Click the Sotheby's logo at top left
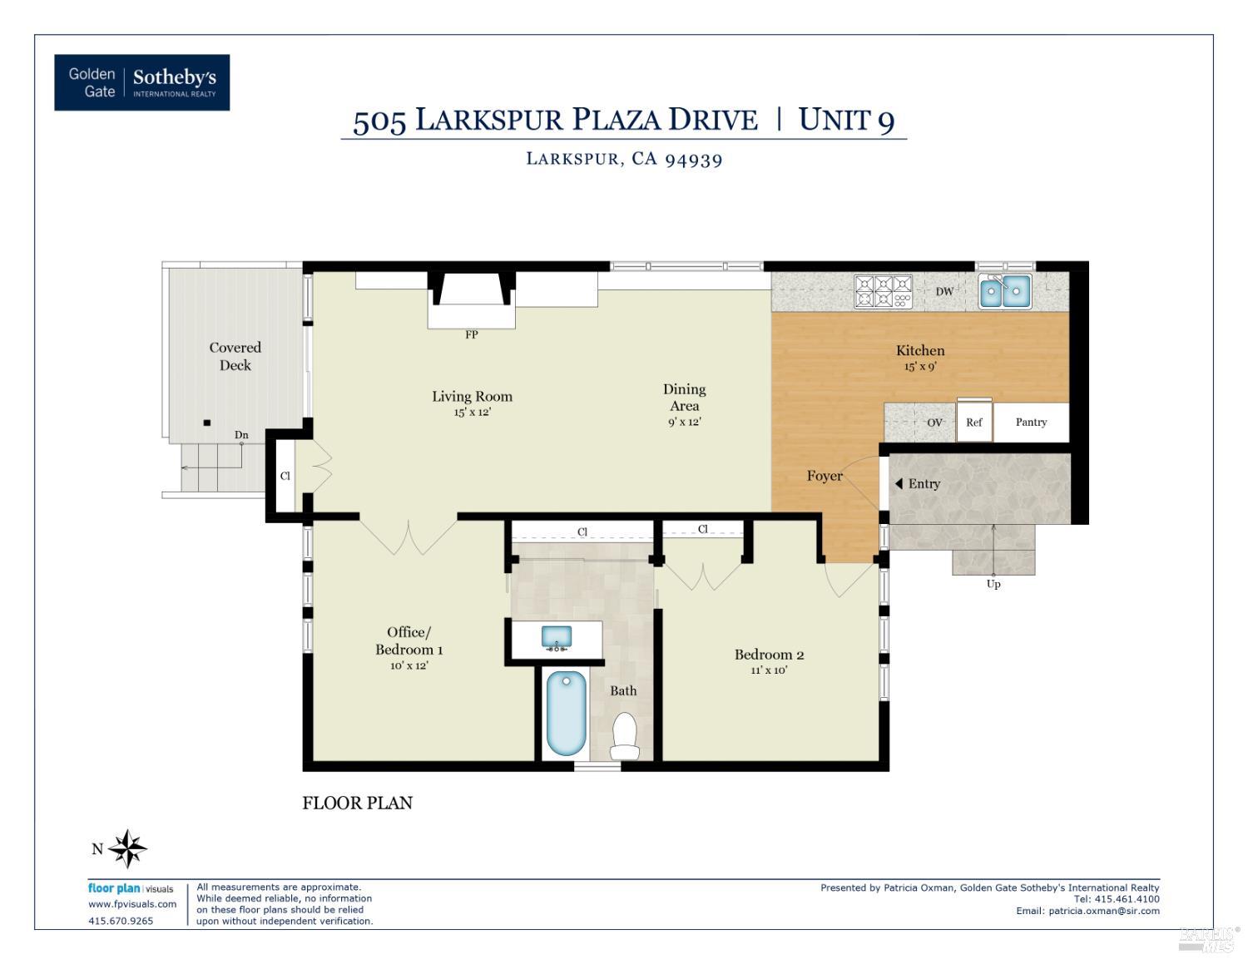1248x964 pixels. click(141, 82)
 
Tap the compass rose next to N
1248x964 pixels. click(127, 848)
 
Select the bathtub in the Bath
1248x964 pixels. click(566, 713)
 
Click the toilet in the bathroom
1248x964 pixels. click(625, 735)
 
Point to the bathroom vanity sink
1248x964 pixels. click(557, 638)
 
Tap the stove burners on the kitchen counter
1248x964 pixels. click(884, 292)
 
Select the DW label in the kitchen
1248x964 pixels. click(944, 292)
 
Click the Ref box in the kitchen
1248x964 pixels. click(974, 423)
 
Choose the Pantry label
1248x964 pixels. click(1031, 423)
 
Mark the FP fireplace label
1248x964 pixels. click(472, 335)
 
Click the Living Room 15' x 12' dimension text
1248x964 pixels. click(472, 413)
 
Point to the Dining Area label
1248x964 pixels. click(685, 398)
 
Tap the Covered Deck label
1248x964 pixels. click(235, 356)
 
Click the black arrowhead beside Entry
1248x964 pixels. click(899, 483)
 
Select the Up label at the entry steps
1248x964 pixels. click(993, 584)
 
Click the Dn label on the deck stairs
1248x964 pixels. click(241, 435)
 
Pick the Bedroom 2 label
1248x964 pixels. click(769, 655)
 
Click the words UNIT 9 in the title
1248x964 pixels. click(846, 120)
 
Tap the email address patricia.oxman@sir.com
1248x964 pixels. click(1104, 911)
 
